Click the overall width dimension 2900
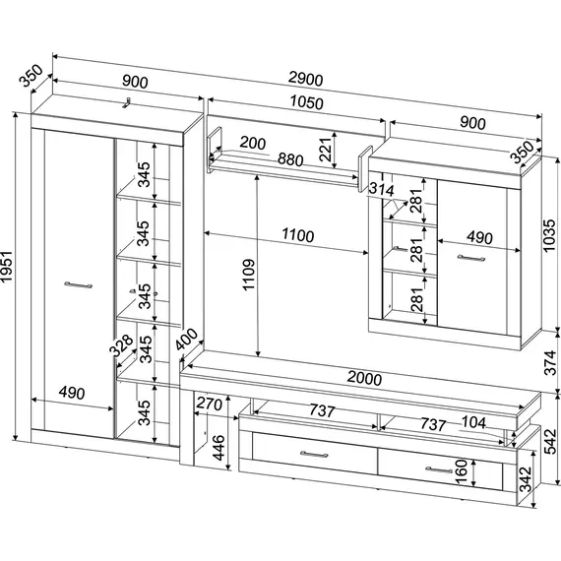click(x=305, y=79)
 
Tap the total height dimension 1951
click(x=7, y=267)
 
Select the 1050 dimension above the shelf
click(x=307, y=102)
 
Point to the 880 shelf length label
click(x=290, y=159)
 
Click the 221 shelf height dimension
click(x=325, y=149)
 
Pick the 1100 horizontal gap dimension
click(x=298, y=235)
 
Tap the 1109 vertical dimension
click(x=248, y=275)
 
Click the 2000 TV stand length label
click(x=364, y=378)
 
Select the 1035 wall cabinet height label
click(x=549, y=235)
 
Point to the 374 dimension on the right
click(x=550, y=363)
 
